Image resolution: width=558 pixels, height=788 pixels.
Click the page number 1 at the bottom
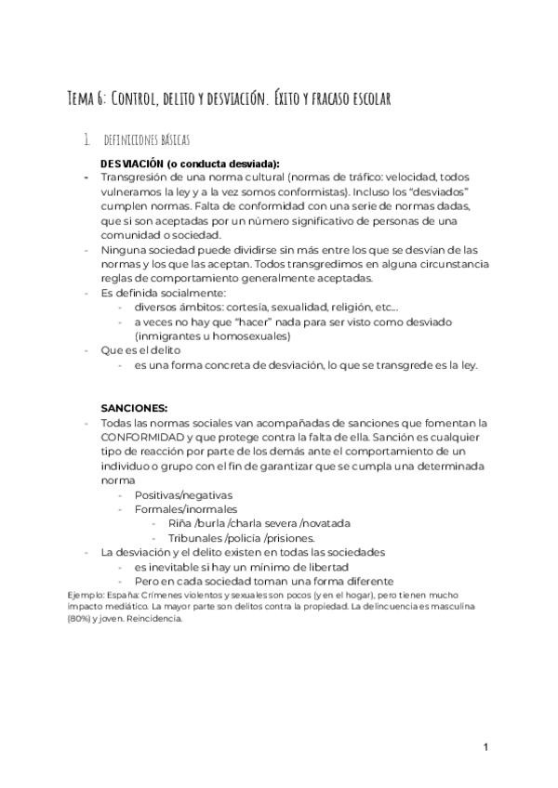[485, 746]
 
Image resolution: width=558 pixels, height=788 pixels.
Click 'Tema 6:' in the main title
[88, 98]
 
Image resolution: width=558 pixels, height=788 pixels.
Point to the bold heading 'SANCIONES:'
[134, 407]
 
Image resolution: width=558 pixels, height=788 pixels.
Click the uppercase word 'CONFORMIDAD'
[143, 437]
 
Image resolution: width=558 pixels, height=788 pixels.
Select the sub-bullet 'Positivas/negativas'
[183, 494]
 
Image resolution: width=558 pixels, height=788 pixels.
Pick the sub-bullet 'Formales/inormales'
[185, 509]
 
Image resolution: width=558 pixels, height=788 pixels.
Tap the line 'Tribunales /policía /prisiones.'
[241, 538]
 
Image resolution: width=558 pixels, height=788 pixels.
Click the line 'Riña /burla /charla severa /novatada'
[246, 523]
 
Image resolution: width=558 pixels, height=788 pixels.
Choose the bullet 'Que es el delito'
[140, 350]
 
